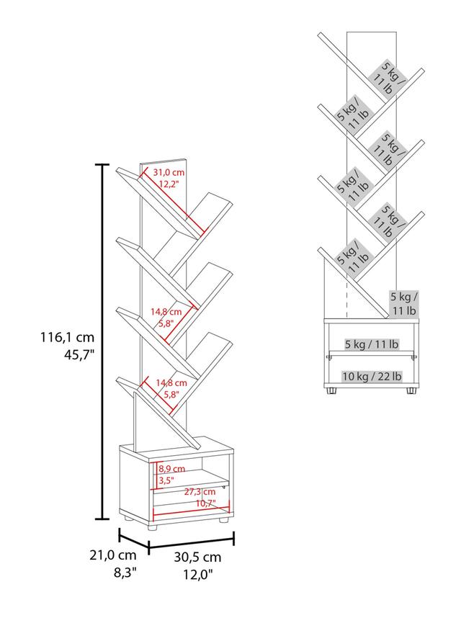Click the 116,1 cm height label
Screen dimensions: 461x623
tap(67, 337)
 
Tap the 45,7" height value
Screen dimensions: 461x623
tap(79, 354)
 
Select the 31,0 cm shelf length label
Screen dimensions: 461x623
tap(169, 172)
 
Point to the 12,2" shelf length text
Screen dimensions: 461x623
tap(169, 184)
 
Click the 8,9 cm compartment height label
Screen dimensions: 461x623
tap(172, 469)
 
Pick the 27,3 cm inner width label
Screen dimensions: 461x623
tap(200, 492)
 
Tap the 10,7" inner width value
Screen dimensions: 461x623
tap(205, 503)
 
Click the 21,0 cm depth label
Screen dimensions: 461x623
tap(113, 555)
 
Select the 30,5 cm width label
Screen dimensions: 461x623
tap(197, 557)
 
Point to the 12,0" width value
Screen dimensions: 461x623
tap(198, 574)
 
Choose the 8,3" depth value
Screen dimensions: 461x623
tap(125, 573)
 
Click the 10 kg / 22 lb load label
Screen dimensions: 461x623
tap(372, 376)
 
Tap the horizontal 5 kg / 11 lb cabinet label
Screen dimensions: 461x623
tap(372, 344)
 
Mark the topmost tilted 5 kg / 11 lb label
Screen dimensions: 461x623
tap(389, 79)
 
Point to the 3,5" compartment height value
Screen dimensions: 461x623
tap(166, 480)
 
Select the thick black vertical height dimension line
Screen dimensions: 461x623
tap(103, 341)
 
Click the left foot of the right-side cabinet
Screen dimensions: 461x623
tap(331, 390)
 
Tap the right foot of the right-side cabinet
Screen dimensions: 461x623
tap(411, 390)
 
